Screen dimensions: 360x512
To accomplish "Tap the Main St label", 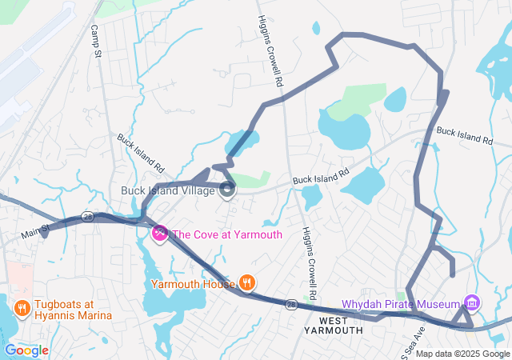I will [x=35, y=230].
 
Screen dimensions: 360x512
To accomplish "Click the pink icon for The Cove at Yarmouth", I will [x=159, y=234].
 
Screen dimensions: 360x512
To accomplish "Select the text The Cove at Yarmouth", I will [x=227, y=234].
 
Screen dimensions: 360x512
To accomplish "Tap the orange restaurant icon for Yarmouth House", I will [x=247, y=282].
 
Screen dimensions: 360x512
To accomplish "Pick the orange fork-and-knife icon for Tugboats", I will [x=22, y=307].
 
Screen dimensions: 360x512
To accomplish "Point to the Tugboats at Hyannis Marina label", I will [x=64, y=310].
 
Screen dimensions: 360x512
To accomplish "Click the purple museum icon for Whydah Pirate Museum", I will [x=472, y=304].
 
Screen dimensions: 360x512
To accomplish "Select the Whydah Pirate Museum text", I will [x=401, y=304].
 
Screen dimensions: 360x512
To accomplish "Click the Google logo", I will [x=26, y=350].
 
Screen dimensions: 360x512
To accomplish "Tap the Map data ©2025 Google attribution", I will [x=462, y=354].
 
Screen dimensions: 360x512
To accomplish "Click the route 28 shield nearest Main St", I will [x=87, y=217].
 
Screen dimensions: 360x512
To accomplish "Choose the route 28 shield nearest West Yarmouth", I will [x=293, y=305].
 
